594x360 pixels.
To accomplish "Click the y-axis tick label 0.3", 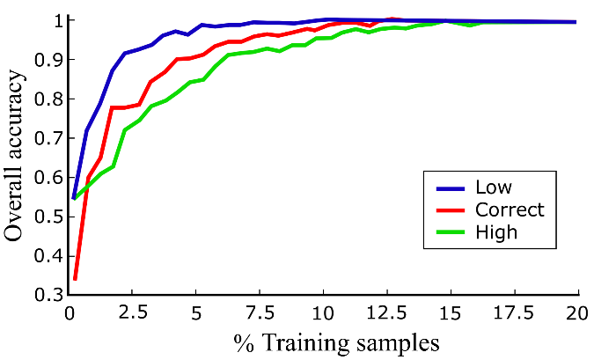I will pyautogui.click(x=48, y=295).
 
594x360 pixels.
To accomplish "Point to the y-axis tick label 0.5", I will pyautogui.click(x=48, y=217).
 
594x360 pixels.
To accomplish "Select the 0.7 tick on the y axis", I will pyautogui.click(x=48, y=138).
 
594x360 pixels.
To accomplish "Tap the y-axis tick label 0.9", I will pyautogui.click(x=48, y=60).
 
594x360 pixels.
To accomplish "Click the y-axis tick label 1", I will pyautogui.click(x=55, y=20).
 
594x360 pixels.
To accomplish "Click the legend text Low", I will pyautogui.click(x=492, y=187).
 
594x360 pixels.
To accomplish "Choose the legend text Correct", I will pyautogui.click(x=510, y=209).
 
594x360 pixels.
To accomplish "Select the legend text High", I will pyautogui.click(x=495, y=232).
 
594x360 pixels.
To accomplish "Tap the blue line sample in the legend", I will pyautogui.click(x=450, y=187).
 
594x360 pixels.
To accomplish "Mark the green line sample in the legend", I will pyautogui.click(x=450, y=232).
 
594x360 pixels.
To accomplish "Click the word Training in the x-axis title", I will pyautogui.click(x=300, y=342).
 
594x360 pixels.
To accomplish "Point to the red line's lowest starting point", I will pyautogui.click(x=76, y=279).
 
